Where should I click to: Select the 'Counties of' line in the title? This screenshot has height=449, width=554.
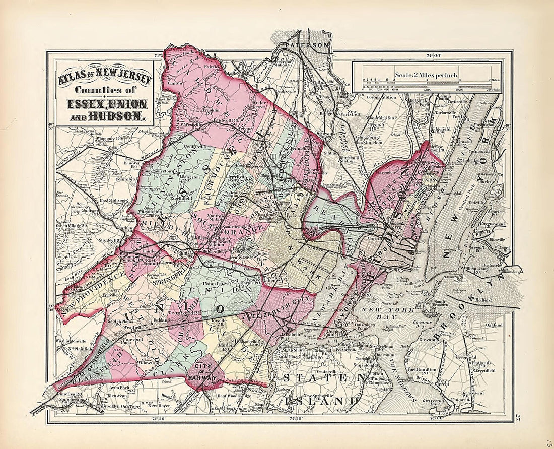[x=105, y=91]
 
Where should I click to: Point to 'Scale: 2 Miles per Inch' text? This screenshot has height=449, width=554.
[x=426, y=75]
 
